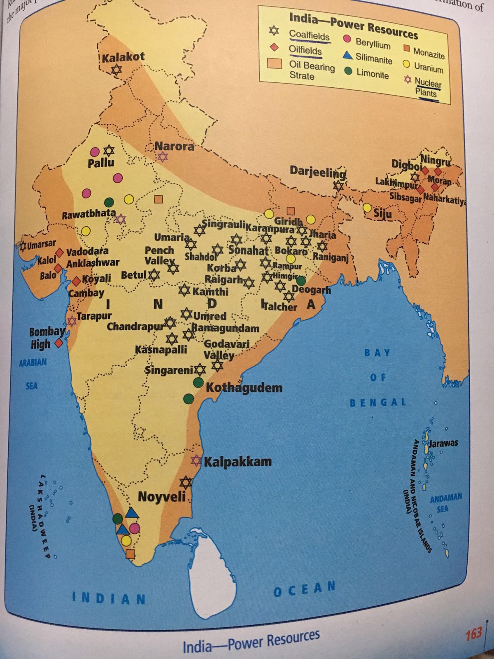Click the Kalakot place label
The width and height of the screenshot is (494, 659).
(123, 57)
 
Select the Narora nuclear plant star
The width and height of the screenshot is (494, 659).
(163, 157)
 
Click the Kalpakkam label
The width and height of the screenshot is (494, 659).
(238, 461)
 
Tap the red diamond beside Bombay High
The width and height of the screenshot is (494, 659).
(59, 343)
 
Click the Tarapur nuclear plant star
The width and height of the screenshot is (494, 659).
(72, 321)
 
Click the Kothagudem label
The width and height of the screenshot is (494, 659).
(244, 388)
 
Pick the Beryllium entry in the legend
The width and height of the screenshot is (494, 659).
(373, 43)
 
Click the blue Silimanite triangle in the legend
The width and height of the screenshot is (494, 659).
(347, 55)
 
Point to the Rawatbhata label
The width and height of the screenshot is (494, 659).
(89, 215)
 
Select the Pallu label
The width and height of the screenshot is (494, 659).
(101, 162)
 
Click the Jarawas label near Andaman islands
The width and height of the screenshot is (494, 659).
(443, 444)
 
